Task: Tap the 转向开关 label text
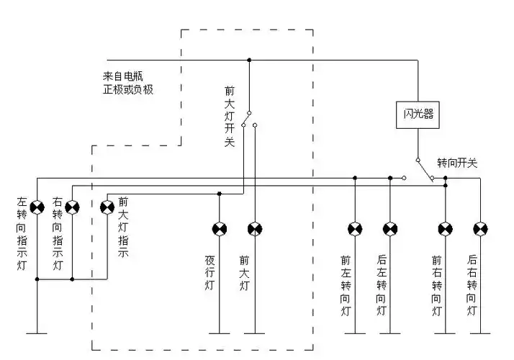coord(456,163)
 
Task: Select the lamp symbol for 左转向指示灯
coord(37,207)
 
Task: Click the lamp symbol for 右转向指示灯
coord(72,207)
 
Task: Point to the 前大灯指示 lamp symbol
coord(107,207)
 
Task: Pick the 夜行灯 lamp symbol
coord(220,229)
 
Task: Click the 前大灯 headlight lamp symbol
coord(255,229)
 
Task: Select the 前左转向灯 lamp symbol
coord(355,229)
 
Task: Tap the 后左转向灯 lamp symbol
coord(390,229)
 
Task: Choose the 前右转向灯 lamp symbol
coord(446,229)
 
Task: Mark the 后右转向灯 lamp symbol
coord(481,229)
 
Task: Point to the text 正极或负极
coord(127,90)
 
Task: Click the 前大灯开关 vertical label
coord(230,117)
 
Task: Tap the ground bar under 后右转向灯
coord(481,333)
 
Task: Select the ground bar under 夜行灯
coord(220,333)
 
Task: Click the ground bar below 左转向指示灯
coord(37,333)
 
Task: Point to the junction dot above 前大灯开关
coord(249,60)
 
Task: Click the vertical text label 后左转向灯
coord(382,286)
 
